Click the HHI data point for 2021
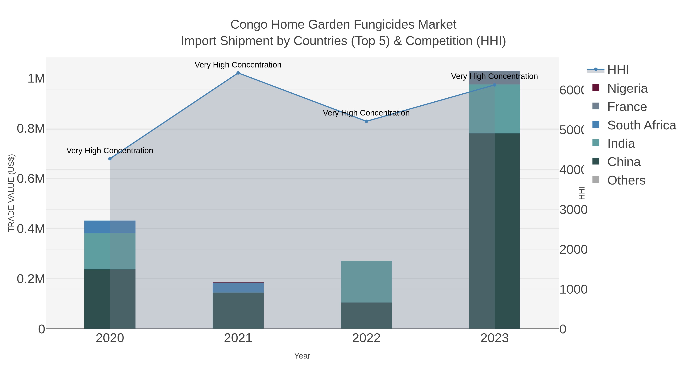click(238, 73)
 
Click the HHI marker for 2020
click(110, 159)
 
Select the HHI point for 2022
click(366, 121)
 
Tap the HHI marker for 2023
click(494, 85)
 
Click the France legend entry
click(627, 107)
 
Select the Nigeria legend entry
click(627, 88)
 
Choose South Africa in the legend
click(641, 125)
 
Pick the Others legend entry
click(626, 180)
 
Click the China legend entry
click(623, 162)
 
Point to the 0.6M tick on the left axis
click(31, 178)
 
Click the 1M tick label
click(36, 79)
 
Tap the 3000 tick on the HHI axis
click(573, 210)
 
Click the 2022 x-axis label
click(366, 338)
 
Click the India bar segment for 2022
click(366, 282)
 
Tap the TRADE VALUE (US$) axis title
click(11, 193)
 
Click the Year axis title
click(302, 356)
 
